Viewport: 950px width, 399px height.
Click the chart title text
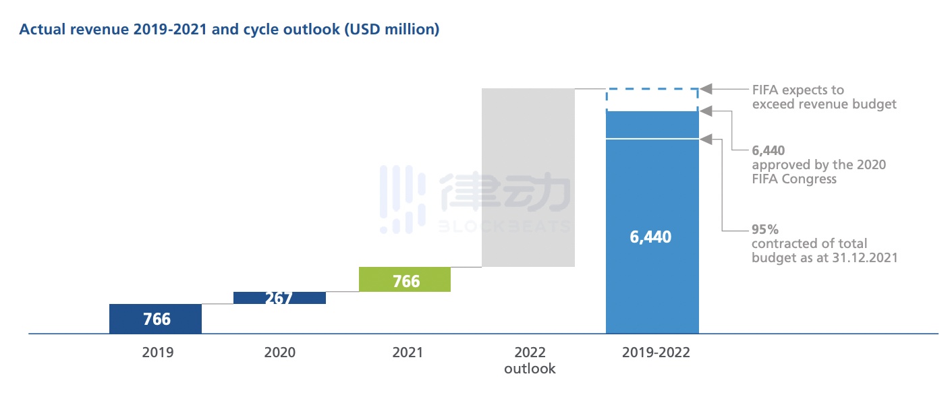click(229, 30)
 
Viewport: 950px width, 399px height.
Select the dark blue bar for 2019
click(155, 319)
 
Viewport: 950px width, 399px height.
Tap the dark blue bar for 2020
click(279, 298)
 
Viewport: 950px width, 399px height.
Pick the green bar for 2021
click(405, 279)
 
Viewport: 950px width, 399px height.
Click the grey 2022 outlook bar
click(528, 177)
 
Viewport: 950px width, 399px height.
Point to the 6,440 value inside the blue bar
click(652, 237)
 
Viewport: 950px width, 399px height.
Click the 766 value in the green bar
click(406, 280)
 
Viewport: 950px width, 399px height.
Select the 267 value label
click(279, 299)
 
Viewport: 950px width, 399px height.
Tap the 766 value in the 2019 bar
click(157, 319)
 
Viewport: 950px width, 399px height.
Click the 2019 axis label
click(157, 352)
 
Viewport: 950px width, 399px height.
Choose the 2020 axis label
click(279, 352)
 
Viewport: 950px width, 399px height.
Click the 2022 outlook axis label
click(530, 361)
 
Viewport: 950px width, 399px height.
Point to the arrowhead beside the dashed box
click(706, 89)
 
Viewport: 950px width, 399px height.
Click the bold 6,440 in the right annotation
click(768, 150)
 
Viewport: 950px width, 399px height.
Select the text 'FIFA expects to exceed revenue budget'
click(824, 97)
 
